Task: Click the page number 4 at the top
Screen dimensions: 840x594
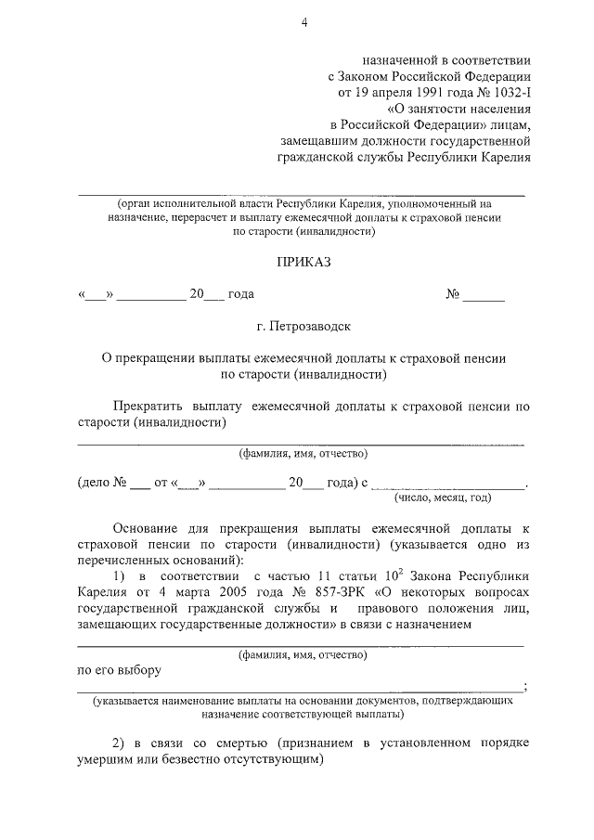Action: [303, 22]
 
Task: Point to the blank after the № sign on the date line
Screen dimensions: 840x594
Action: [484, 295]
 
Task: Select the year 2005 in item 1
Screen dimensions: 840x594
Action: [238, 591]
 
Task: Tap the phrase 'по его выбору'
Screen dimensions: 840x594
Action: [120, 670]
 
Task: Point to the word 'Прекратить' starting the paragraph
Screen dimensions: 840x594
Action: [148, 407]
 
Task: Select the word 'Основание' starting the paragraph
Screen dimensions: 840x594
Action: [148, 527]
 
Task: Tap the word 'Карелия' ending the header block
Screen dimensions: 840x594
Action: [506, 156]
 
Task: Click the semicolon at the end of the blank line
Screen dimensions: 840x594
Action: [526, 687]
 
